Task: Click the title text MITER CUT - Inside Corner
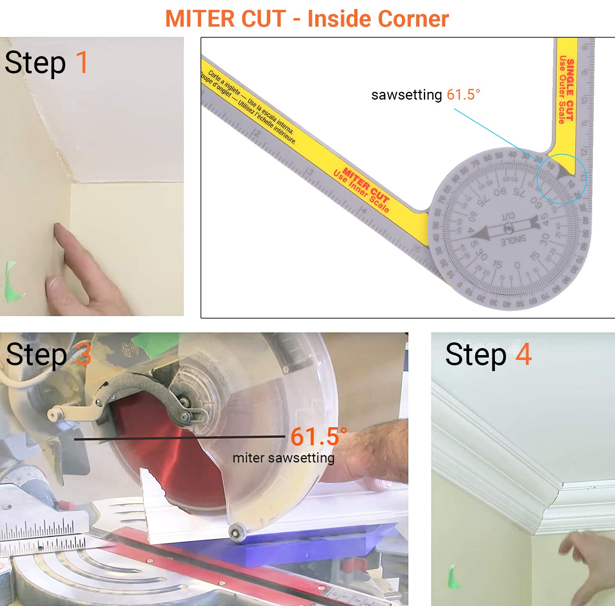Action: (x=307, y=19)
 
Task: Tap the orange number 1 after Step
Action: (x=82, y=63)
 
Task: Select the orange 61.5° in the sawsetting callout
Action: (x=463, y=95)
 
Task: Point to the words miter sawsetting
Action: (x=283, y=458)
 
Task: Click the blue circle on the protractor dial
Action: (x=562, y=179)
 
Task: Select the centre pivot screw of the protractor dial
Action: (x=508, y=228)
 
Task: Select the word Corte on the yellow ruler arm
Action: (x=214, y=75)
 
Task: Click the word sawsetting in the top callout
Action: (x=406, y=95)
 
